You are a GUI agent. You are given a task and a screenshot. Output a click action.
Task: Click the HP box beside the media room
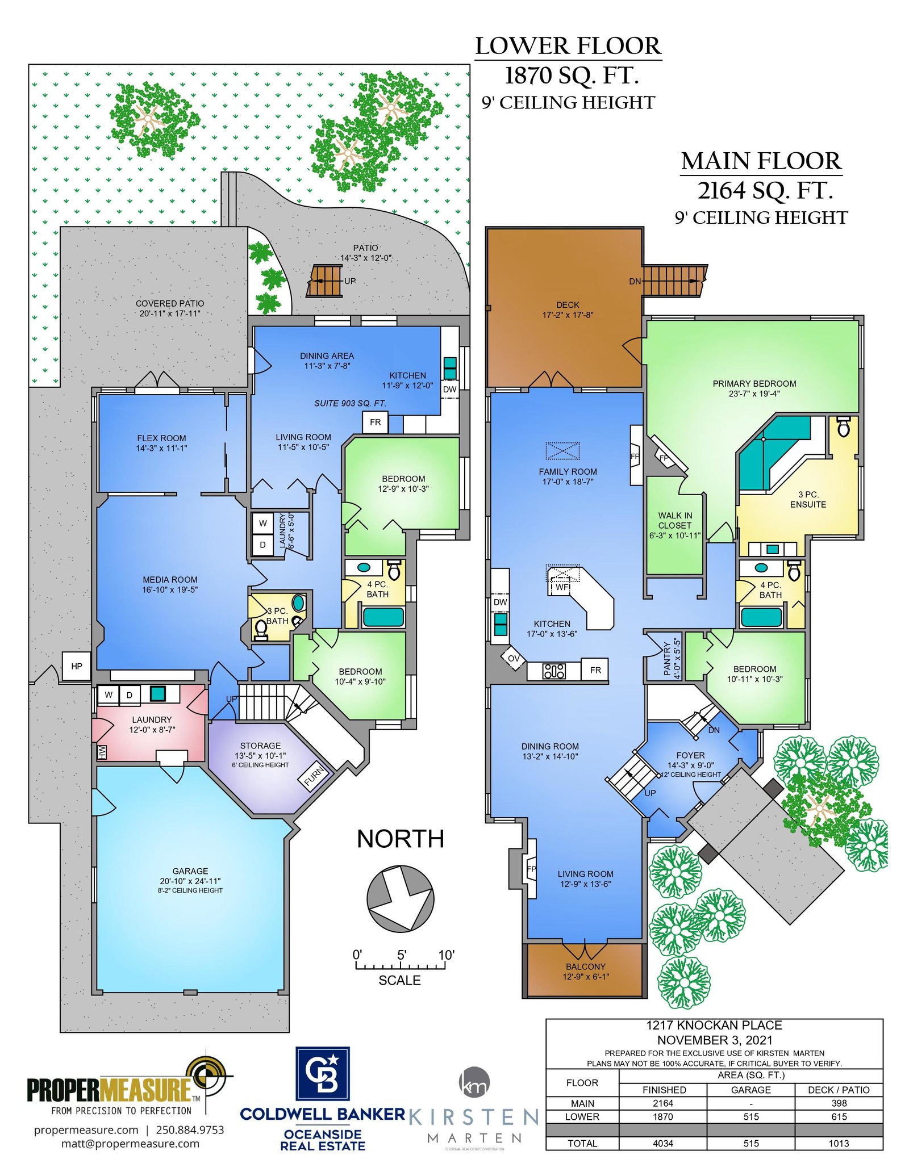coord(77,666)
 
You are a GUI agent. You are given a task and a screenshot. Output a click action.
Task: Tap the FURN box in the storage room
coord(314,776)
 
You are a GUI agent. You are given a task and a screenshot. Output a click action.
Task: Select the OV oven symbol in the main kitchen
coord(514,658)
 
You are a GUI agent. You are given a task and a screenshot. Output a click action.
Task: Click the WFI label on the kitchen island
coord(562,587)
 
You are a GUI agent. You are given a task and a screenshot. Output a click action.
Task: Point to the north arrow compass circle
coord(400,898)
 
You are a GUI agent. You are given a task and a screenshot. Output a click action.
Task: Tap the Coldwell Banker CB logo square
coord(322,1073)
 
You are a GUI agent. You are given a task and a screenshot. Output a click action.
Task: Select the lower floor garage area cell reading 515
coord(751,1116)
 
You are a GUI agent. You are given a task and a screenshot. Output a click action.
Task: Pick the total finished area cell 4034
coord(663,1143)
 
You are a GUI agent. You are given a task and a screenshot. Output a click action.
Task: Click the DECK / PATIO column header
coord(839,1090)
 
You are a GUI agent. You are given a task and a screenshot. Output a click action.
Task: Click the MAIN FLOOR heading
coord(761,161)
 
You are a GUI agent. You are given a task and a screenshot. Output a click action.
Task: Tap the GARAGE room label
coord(190,871)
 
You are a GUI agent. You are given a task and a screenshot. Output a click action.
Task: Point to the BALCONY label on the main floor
coord(586,966)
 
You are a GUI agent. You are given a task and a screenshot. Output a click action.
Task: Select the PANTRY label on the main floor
coord(667,659)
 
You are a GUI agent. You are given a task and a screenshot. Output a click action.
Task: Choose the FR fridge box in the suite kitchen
coord(375,422)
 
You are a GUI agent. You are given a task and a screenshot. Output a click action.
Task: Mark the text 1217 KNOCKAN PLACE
coord(714,1025)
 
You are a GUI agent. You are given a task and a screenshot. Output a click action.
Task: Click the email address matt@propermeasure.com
coord(130,1143)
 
